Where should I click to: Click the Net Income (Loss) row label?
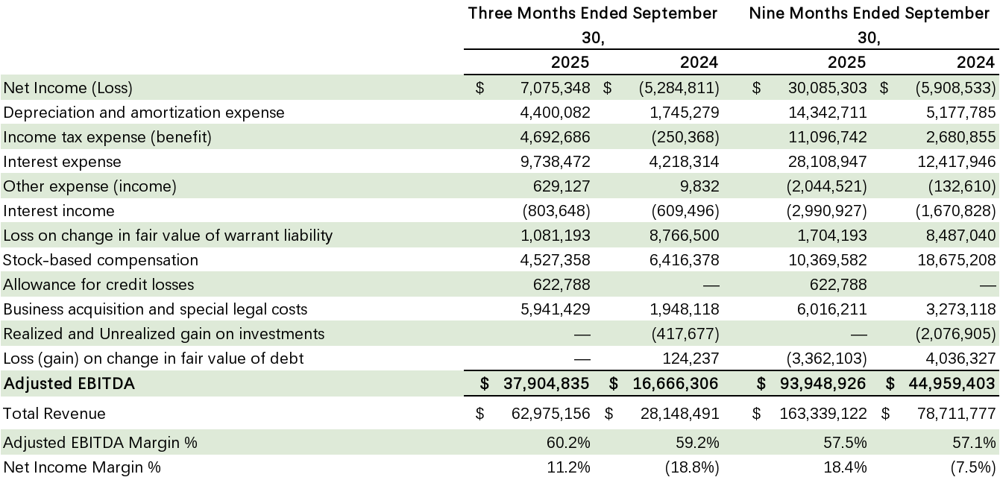point(68,88)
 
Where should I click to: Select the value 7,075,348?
point(555,88)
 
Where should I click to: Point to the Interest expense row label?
point(62,162)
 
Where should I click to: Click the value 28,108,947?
point(828,162)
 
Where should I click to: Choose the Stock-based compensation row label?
point(101,260)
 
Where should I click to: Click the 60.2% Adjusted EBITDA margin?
point(570,443)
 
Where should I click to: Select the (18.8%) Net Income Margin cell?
point(695,467)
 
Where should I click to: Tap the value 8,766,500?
point(684,236)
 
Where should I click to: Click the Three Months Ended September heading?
point(593,13)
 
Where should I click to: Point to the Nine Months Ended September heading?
point(869,13)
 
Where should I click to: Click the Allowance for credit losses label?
point(98,285)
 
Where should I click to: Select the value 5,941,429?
point(555,309)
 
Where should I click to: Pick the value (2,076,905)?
point(956,334)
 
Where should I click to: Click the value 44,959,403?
point(950,384)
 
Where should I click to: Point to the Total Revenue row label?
point(54,414)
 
